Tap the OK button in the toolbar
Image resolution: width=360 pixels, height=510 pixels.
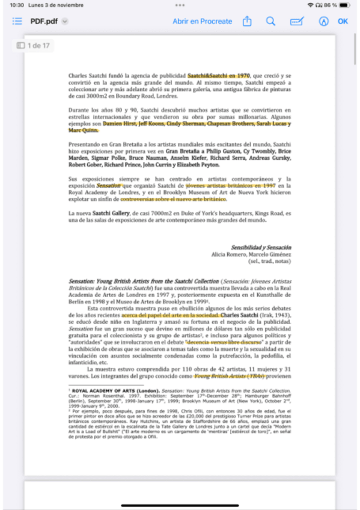point(343,21)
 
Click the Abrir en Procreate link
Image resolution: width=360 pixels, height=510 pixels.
point(202,21)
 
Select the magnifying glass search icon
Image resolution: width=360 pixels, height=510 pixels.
point(270,21)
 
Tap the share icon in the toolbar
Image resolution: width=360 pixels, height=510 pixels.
point(246,21)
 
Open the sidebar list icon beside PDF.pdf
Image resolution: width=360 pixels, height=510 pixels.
point(17,21)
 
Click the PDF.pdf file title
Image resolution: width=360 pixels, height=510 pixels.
point(44,21)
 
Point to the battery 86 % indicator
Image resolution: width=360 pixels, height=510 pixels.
point(337,5)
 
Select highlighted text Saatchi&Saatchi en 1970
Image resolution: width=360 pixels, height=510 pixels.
point(218,76)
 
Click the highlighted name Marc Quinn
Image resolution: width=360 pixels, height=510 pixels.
point(83,130)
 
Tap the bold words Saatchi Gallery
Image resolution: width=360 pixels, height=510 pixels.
point(111,214)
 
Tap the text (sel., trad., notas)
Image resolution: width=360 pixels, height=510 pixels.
point(270,262)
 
